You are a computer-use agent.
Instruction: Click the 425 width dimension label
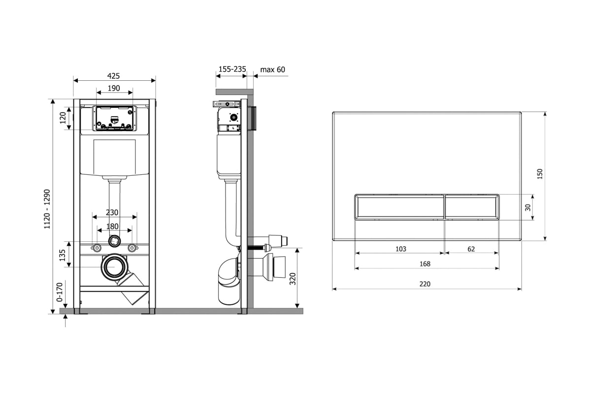[x=113, y=76]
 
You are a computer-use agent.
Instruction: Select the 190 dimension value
[x=114, y=88]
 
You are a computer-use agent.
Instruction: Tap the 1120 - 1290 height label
[x=47, y=209]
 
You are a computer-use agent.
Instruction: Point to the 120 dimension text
[x=63, y=118]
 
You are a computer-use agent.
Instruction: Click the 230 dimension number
[x=112, y=212]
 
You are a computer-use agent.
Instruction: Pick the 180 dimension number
[x=112, y=227]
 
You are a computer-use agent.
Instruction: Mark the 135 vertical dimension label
[x=62, y=255]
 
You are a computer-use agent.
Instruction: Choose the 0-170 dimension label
[x=60, y=292]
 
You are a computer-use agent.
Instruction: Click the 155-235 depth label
[x=232, y=69]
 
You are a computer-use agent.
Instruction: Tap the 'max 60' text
[x=272, y=69]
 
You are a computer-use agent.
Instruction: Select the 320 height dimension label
[x=293, y=279]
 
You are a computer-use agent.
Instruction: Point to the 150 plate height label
[x=540, y=174]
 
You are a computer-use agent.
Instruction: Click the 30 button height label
[x=527, y=207]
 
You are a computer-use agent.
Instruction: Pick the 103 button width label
[x=401, y=249]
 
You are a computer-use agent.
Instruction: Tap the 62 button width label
[x=471, y=249]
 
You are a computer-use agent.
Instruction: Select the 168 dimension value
[x=425, y=264]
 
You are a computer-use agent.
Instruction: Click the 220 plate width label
[x=425, y=284]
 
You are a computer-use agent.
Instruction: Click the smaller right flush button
[x=472, y=207]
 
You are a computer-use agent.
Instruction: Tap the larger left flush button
[x=399, y=207]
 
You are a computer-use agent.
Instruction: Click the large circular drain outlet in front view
[x=114, y=267]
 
